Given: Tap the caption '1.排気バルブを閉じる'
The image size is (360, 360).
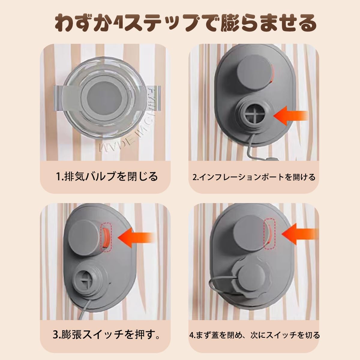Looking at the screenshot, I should (107, 176).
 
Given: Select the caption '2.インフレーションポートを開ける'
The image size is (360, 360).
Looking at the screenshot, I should (254, 177).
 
